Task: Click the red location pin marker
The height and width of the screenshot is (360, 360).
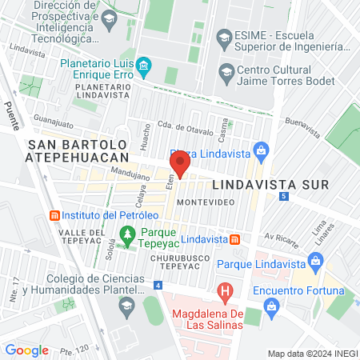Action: [x=180, y=164]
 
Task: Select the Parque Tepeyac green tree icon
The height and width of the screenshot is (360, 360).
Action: [x=126, y=234]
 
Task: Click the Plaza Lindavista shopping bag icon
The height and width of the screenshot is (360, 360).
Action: [x=260, y=150]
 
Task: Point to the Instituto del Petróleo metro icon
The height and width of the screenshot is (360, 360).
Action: [x=54, y=216]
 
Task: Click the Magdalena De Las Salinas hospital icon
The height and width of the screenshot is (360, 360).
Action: [x=226, y=290]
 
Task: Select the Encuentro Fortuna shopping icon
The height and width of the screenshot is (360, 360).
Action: [x=272, y=306]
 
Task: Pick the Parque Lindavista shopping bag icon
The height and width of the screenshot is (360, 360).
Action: [x=316, y=260]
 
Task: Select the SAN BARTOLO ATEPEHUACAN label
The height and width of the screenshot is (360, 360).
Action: [x=78, y=151]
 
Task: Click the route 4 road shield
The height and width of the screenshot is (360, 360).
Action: [x=158, y=285]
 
